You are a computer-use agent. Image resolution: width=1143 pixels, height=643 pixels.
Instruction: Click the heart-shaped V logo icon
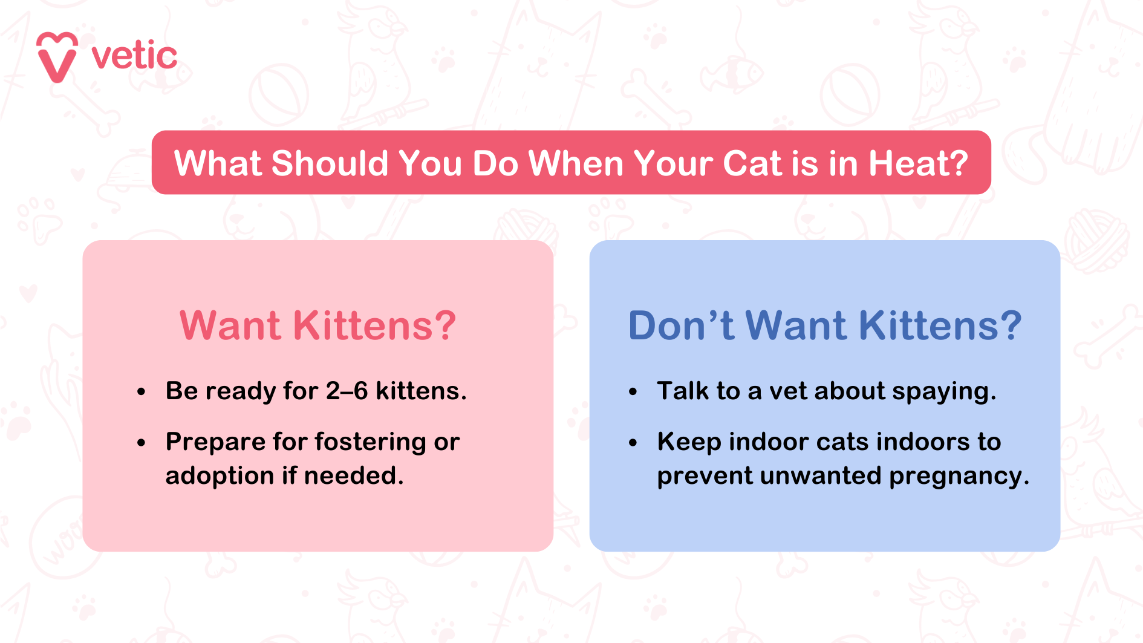[57, 57]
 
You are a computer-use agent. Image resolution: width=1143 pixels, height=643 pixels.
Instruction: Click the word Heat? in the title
[918, 163]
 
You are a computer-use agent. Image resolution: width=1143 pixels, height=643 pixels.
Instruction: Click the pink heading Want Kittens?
[317, 325]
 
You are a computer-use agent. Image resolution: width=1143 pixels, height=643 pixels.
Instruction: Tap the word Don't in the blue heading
[681, 325]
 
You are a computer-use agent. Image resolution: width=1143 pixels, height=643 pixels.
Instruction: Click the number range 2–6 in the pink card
[347, 391]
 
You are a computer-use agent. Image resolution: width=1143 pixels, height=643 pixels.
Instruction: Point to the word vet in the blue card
[789, 391]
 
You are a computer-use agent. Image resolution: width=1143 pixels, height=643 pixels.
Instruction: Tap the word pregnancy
[959, 477]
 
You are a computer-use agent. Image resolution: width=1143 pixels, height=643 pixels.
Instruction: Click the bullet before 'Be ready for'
[141, 392]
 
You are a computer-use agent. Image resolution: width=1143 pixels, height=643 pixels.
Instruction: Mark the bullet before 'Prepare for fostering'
[141, 443]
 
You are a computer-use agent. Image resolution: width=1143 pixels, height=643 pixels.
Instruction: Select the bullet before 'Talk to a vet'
[633, 392]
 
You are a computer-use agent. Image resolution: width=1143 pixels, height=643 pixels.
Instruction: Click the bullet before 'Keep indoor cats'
[633, 443]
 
